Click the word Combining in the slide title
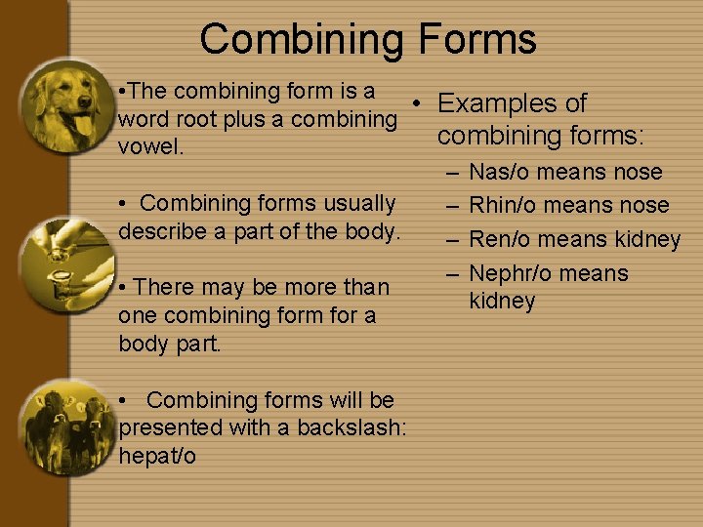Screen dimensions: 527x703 (x=302, y=39)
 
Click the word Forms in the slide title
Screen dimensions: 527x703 (x=478, y=39)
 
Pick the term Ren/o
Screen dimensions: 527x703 (x=501, y=239)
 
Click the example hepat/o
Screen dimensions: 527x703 (x=157, y=455)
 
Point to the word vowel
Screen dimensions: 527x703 (x=144, y=147)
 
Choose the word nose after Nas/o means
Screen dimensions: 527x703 (x=638, y=172)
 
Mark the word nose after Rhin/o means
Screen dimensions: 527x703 (x=644, y=205)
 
